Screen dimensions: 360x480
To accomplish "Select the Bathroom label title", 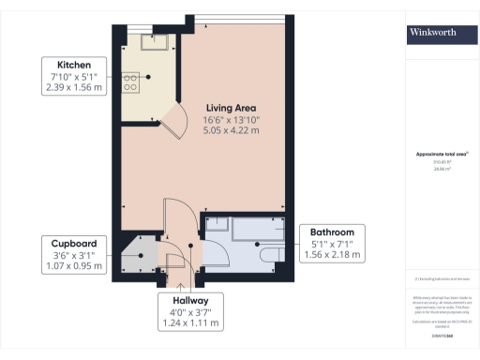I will [332, 232].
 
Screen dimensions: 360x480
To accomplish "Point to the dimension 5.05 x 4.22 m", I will [232, 131].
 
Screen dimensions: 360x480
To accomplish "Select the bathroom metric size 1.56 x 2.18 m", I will [332, 255].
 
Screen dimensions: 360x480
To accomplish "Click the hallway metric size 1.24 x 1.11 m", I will [192, 323].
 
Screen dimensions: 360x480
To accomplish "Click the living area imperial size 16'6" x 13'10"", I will [232, 119].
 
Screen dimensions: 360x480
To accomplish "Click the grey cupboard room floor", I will [142, 252].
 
